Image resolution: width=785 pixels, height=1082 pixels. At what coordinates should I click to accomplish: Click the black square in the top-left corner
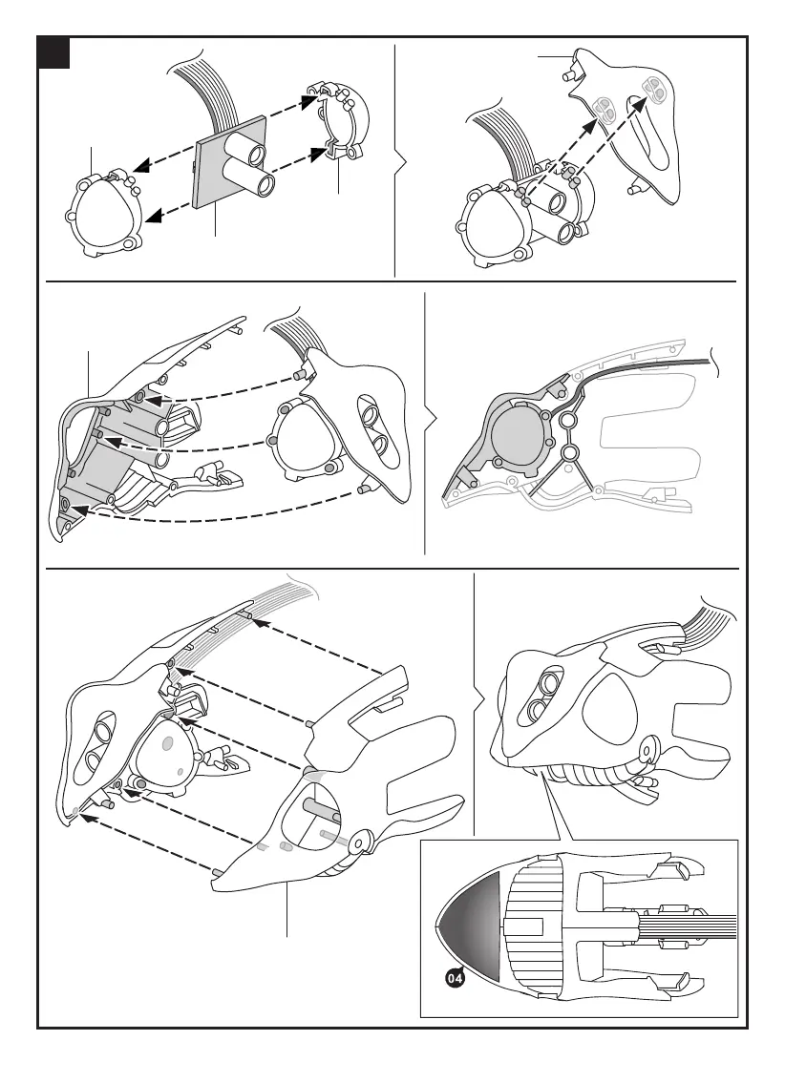pyautogui.click(x=53, y=53)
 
